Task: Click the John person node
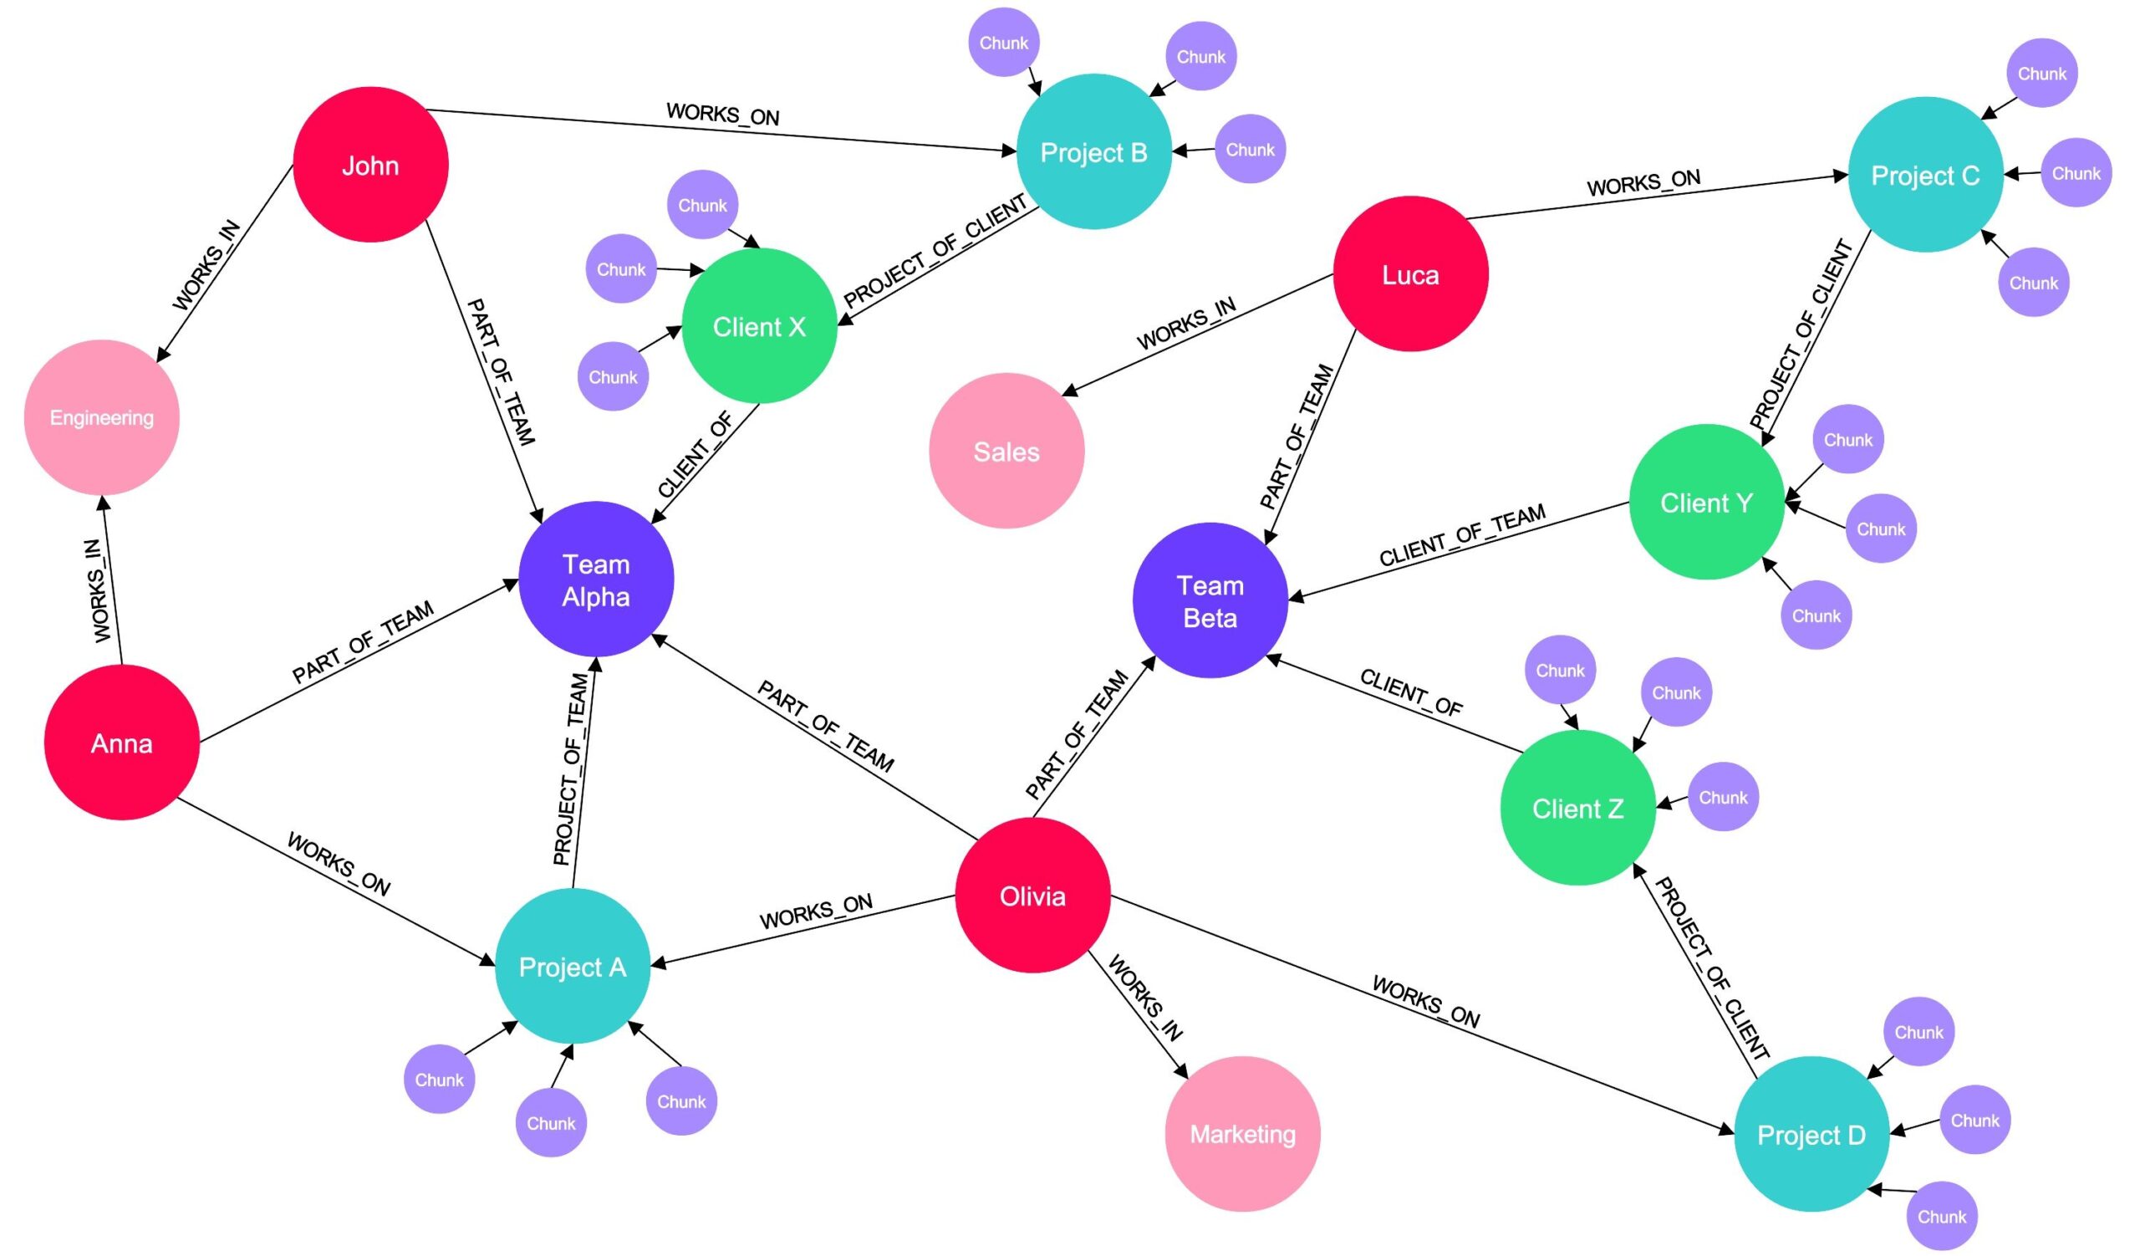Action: pyautogui.click(x=370, y=165)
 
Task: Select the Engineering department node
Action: pyautogui.click(x=102, y=417)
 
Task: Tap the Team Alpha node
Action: pyautogui.click(x=596, y=579)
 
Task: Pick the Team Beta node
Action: pyautogui.click(x=1210, y=600)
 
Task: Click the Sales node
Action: pyautogui.click(x=1006, y=451)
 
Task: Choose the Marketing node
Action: pyautogui.click(x=1242, y=1134)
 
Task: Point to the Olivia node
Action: pyautogui.click(x=1032, y=895)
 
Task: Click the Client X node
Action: pyautogui.click(x=759, y=326)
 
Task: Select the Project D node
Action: pyautogui.click(x=1811, y=1135)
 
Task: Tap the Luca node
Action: pyautogui.click(x=1410, y=274)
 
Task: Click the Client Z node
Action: pyautogui.click(x=1577, y=808)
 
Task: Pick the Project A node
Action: pyautogui.click(x=573, y=967)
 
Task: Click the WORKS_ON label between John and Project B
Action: pyautogui.click(x=723, y=114)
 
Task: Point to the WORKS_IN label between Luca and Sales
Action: pyautogui.click(x=1186, y=324)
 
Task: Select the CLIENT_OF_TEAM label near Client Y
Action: pyautogui.click(x=1461, y=535)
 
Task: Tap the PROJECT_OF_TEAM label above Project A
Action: pyautogui.click(x=571, y=769)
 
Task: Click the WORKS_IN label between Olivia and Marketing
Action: pyautogui.click(x=1144, y=998)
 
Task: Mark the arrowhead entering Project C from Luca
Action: pyautogui.click(x=1839, y=176)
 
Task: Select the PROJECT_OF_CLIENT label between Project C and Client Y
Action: pyautogui.click(x=1801, y=334)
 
